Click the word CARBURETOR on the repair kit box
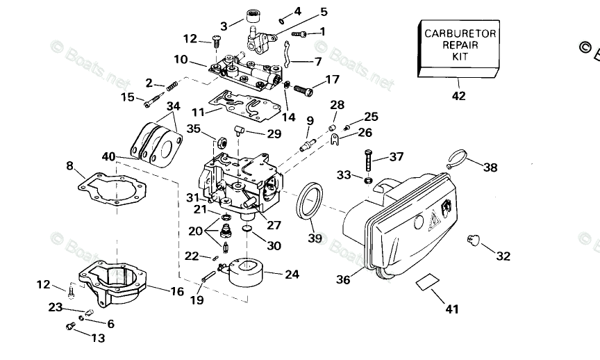[460, 33]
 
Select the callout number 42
[458, 97]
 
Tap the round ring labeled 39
[310, 199]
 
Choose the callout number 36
[343, 279]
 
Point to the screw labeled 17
[304, 89]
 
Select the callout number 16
[176, 292]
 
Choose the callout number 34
[173, 106]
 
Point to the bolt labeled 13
[69, 327]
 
